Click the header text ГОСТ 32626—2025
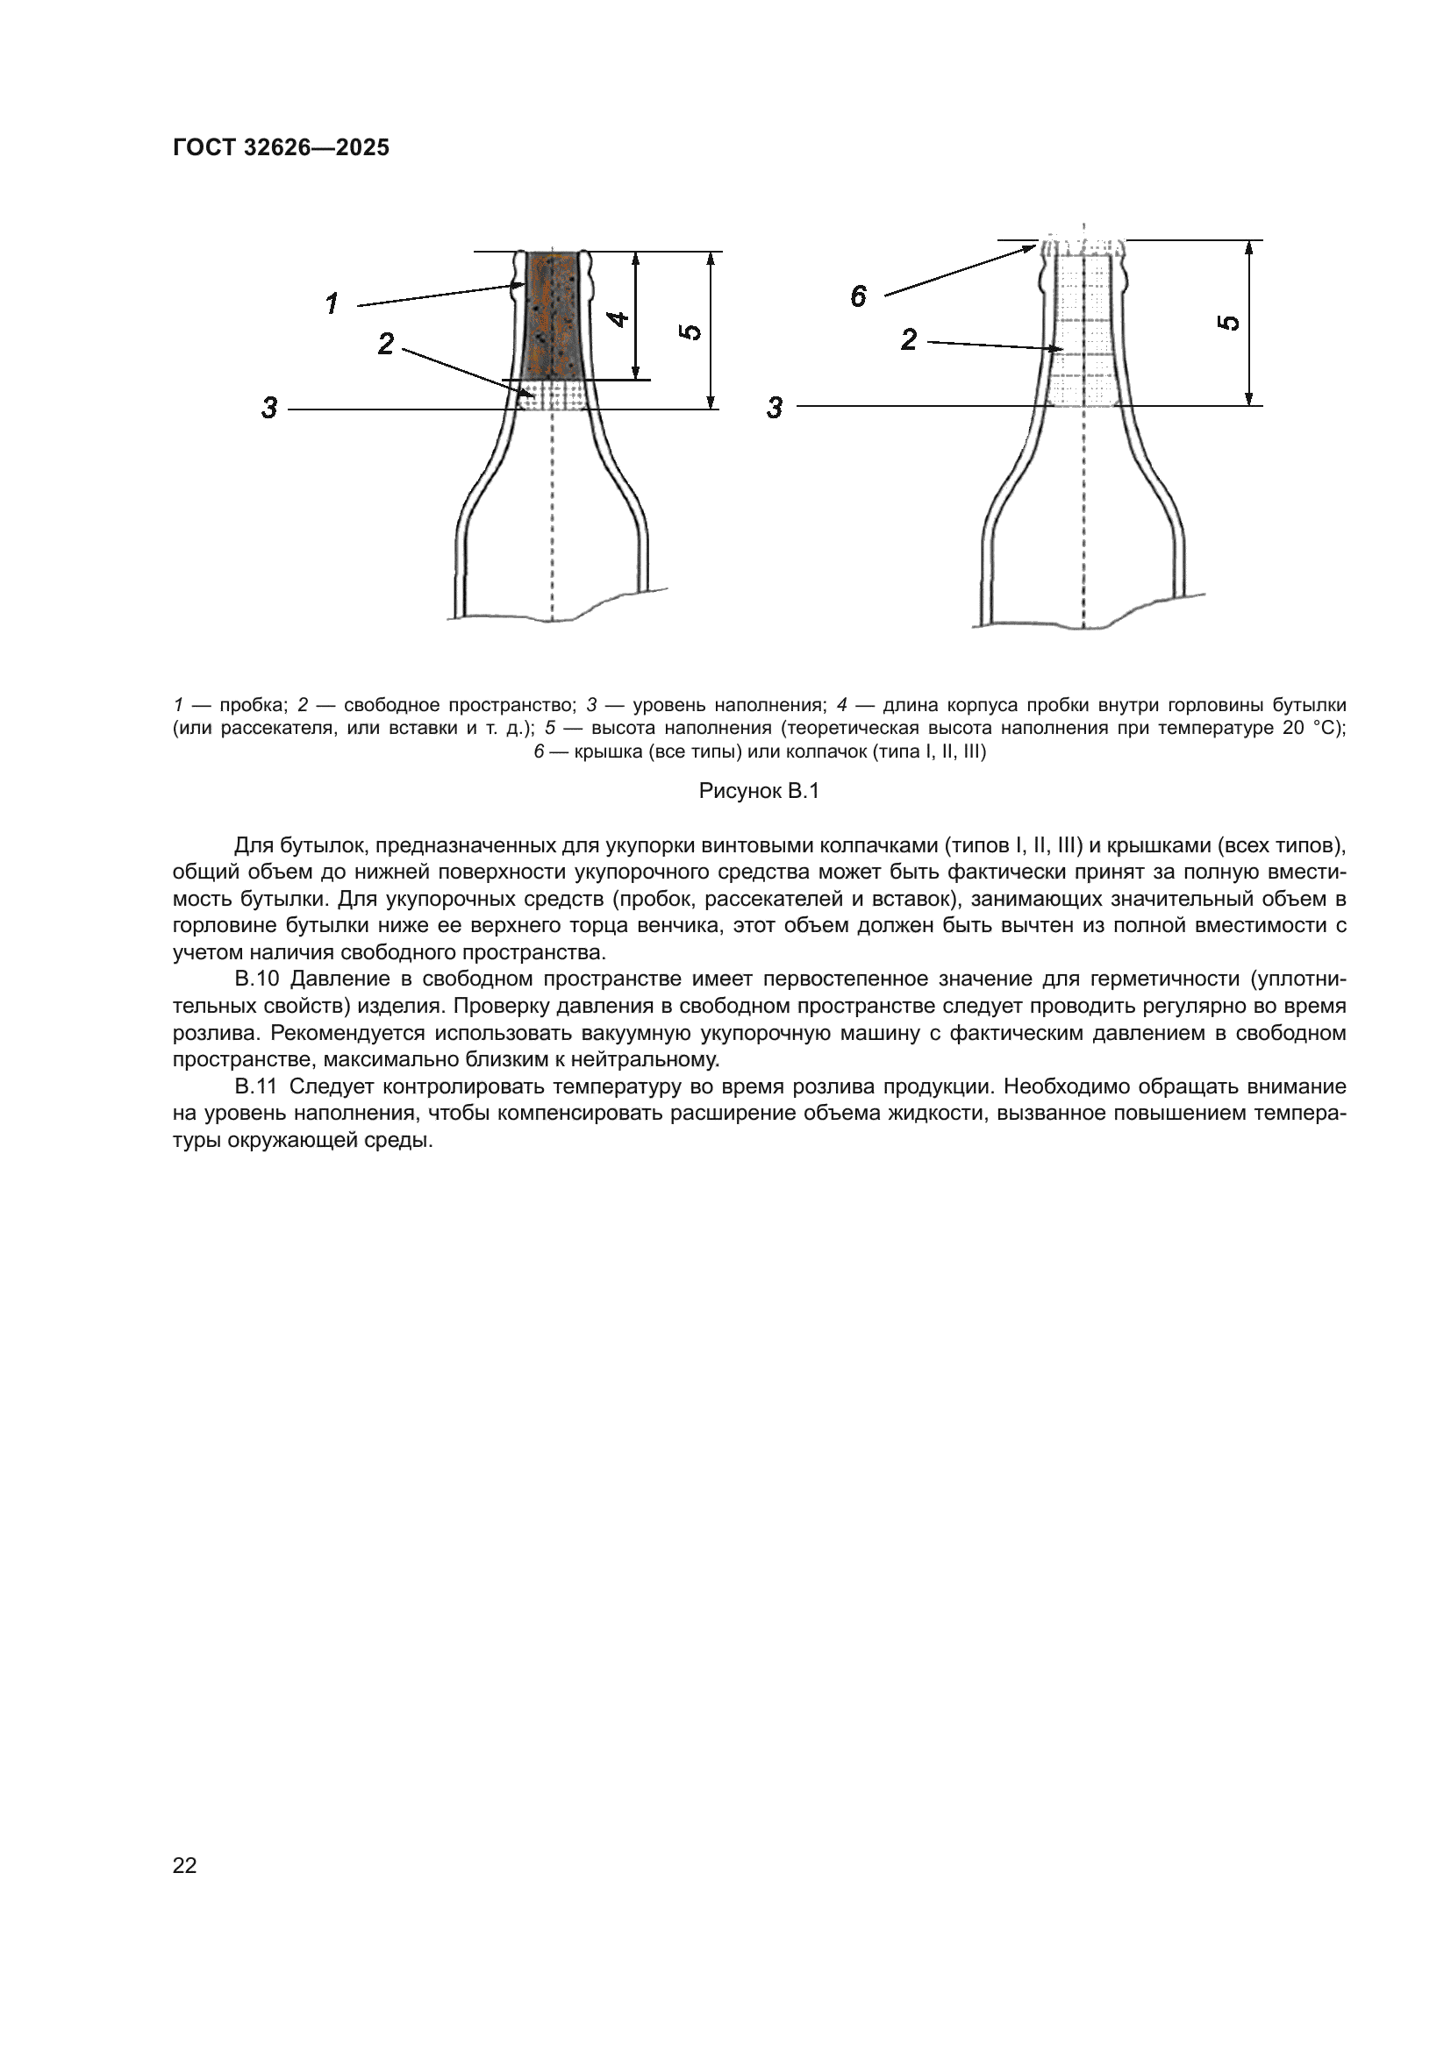pos(281,147)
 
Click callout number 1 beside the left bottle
pos(332,303)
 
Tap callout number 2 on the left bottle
pos(386,344)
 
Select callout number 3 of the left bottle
pos(269,409)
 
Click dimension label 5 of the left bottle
pos(690,331)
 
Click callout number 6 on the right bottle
pos(859,296)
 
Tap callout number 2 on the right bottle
pos(909,339)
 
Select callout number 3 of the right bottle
pos(775,409)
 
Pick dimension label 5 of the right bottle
pos(1230,323)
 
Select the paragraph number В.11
pos(257,1086)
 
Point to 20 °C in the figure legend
pos(1311,728)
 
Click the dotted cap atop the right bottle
pos(1083,246)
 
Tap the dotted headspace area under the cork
pos(553,394)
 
